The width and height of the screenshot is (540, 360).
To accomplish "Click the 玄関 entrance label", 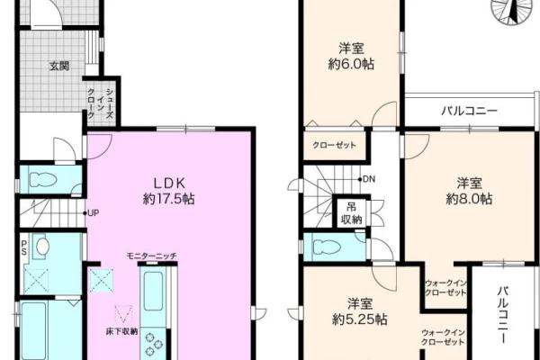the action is (59, 66).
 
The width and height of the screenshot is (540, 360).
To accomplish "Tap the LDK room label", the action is (169, 183).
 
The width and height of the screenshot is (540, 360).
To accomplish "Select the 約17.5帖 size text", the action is (169, 199).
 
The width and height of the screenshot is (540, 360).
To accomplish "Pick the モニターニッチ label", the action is (152, 256).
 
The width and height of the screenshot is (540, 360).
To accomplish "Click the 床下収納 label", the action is (121, 332).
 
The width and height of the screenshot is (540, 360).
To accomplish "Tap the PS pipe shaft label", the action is (23, 247).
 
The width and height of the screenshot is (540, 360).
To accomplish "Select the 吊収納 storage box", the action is (351, 213).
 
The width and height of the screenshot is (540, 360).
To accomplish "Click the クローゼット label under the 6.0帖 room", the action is (334, 145).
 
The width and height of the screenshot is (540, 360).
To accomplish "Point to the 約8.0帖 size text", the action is (469, 199).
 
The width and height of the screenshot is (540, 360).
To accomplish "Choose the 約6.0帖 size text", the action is (351, 64).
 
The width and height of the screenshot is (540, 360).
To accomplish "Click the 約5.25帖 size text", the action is (360, 319).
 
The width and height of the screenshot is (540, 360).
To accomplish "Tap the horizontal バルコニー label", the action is (470, 111).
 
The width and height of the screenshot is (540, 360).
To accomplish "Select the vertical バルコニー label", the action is (503, 314).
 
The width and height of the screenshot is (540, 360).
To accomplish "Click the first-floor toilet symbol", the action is (43, 180).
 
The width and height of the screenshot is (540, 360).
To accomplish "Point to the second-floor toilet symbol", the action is (327, 247).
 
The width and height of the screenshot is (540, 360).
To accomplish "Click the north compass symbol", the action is (512, 11).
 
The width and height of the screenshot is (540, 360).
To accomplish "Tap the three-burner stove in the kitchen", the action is (153, 344).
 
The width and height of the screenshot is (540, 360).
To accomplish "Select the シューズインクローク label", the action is (101, 103).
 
